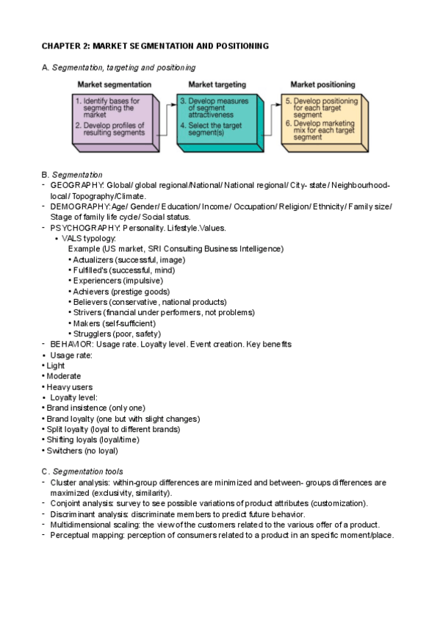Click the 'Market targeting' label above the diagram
pyautogui.click(x=217, y=84)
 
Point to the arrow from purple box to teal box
pyautogui.click(x=168, y=115)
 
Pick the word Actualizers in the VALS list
pyautogui.click(x=95, y=260)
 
